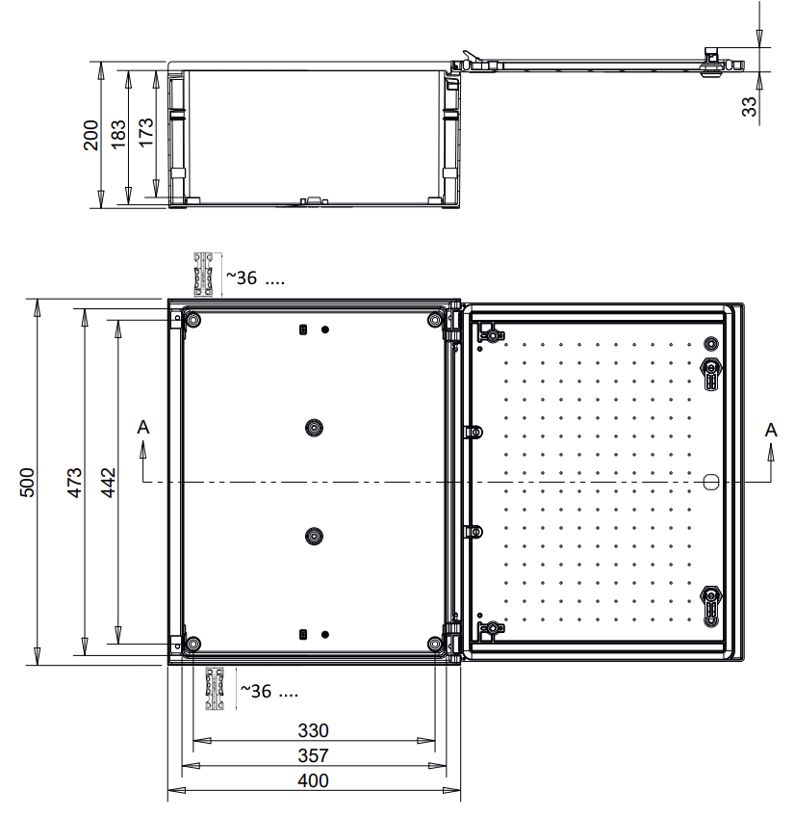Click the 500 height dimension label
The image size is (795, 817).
[x=27, y=483]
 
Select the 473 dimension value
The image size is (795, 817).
[x=74, y=483]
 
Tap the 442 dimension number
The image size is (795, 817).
[x=108, y=483]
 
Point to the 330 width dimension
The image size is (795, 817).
[x=313, y=730]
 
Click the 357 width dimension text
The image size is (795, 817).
[x=313, y=755]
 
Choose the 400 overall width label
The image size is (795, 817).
[x=313, y=780]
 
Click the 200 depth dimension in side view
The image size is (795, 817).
[x=90, y=135]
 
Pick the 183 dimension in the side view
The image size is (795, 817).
[x=118, y=134]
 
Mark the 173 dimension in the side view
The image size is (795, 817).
[x=145, y=132]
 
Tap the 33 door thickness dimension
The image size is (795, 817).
[x=749, y=106]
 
